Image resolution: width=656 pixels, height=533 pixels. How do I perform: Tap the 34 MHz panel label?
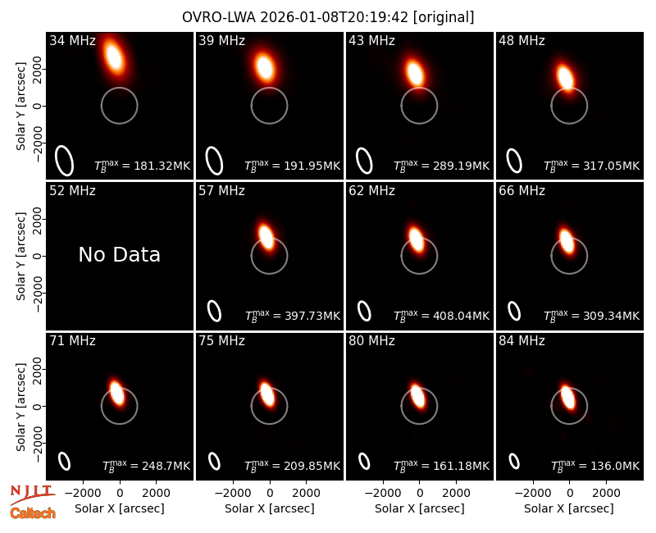point(72,40)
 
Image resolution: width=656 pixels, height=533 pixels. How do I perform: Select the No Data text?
point(120,254)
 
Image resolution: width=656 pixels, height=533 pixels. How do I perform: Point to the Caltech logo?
point(33,513)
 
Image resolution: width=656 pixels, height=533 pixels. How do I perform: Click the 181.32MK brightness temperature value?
point(162,166)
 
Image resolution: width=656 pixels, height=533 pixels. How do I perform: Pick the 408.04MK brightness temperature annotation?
point(461,316)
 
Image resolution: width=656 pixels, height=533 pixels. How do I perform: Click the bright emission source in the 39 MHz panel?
point(265,67)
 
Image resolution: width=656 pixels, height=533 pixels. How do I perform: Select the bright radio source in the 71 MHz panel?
point(116,392)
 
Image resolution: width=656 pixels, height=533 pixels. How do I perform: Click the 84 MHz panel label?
point(522,341)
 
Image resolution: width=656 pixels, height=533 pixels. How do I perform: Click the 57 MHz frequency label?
point(221,191)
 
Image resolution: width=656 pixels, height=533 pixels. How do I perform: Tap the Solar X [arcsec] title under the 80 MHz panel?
point(420,508)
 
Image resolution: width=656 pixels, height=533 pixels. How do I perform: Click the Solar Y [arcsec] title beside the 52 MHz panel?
point(20,256)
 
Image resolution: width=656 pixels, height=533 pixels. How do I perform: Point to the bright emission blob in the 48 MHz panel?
point(565,78)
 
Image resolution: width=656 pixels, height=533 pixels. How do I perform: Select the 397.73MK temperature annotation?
point(312,316)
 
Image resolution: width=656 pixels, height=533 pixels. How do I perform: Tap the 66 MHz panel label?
point(522,191)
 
